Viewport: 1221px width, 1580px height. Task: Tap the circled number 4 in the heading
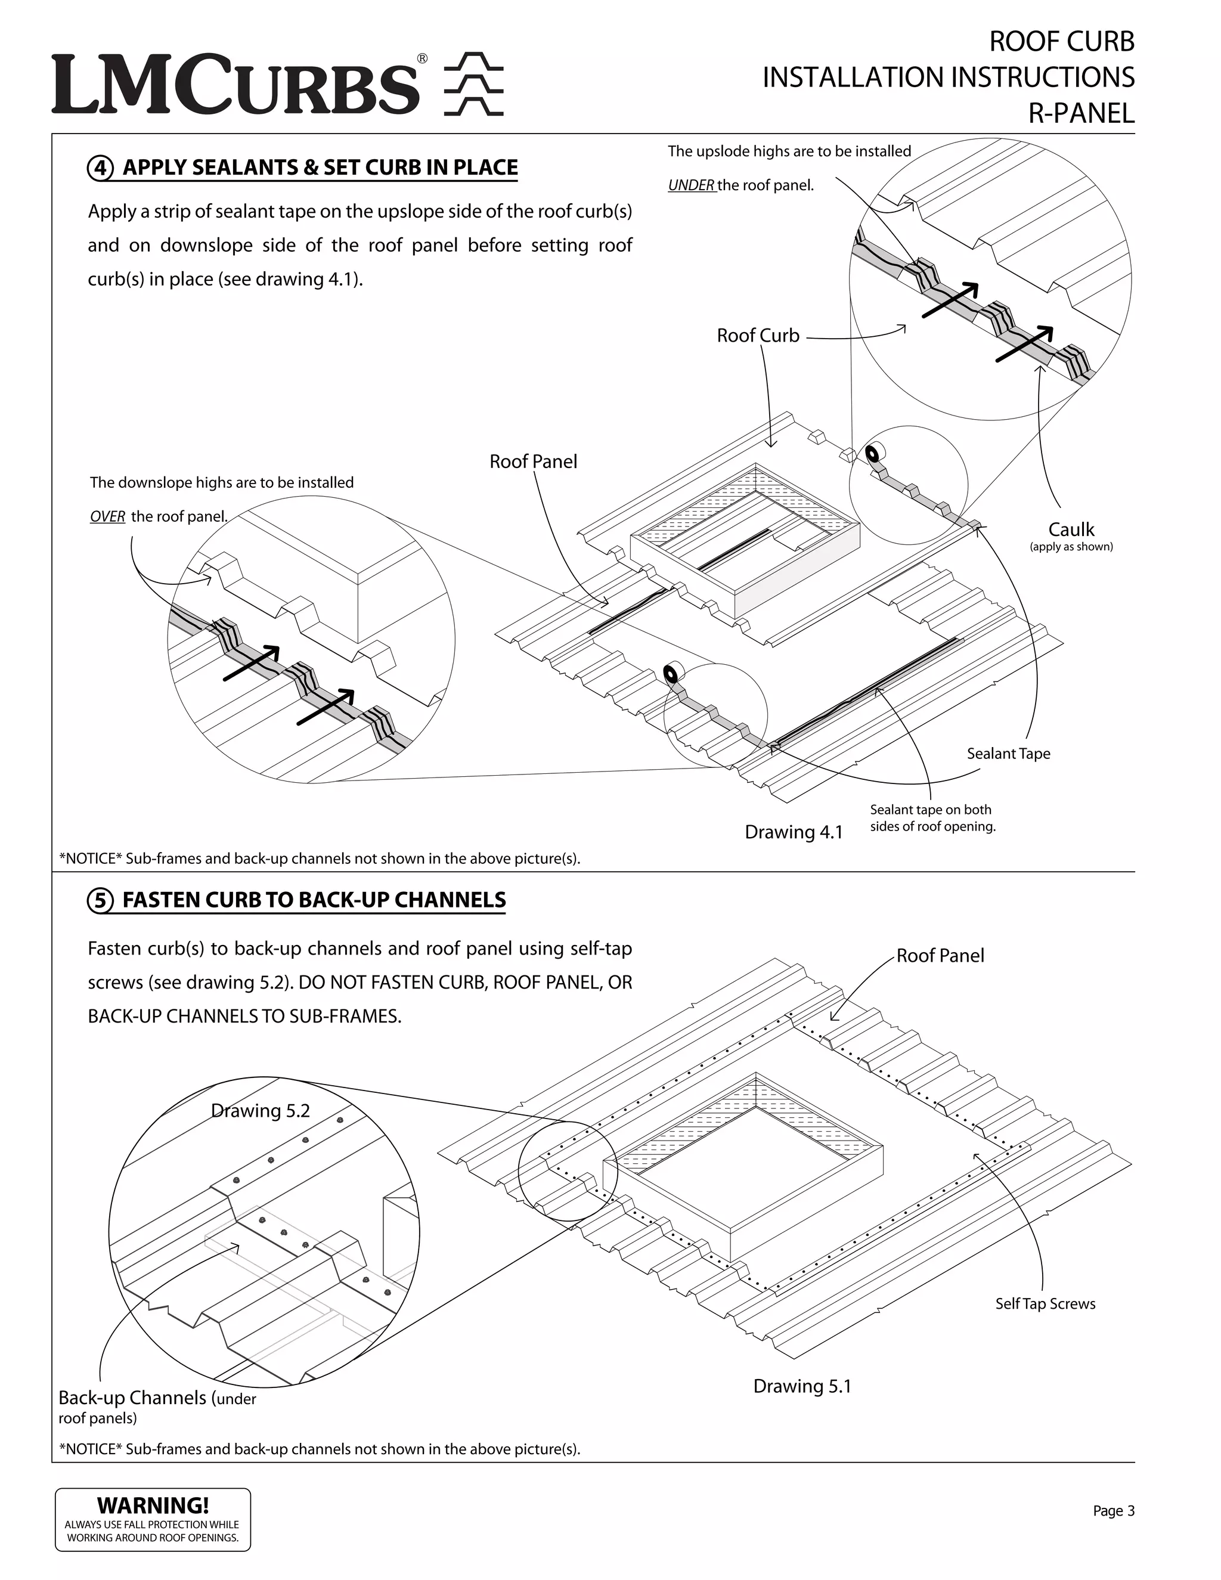point(100,168)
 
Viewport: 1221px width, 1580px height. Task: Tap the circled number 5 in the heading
point(100,901)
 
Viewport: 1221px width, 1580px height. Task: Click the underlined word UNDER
point(691,185)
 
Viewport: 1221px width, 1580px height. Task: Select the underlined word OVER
point(107,516)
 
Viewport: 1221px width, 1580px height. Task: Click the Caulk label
point(1071,529)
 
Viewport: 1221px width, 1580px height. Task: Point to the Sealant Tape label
point(1008,754)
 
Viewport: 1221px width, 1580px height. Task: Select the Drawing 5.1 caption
point(802,1386)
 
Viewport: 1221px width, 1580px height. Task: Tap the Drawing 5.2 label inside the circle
point(261,1111)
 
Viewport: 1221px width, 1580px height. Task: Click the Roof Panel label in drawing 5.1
point(940,956)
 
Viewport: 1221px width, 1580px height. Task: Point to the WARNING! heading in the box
point(153,1505)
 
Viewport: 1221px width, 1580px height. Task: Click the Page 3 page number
point(1113,1511)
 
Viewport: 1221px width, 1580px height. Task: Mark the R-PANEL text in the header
point(1081,113)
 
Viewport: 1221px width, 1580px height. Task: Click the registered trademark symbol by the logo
point(422,58)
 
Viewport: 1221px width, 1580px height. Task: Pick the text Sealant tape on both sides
point(932,818)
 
